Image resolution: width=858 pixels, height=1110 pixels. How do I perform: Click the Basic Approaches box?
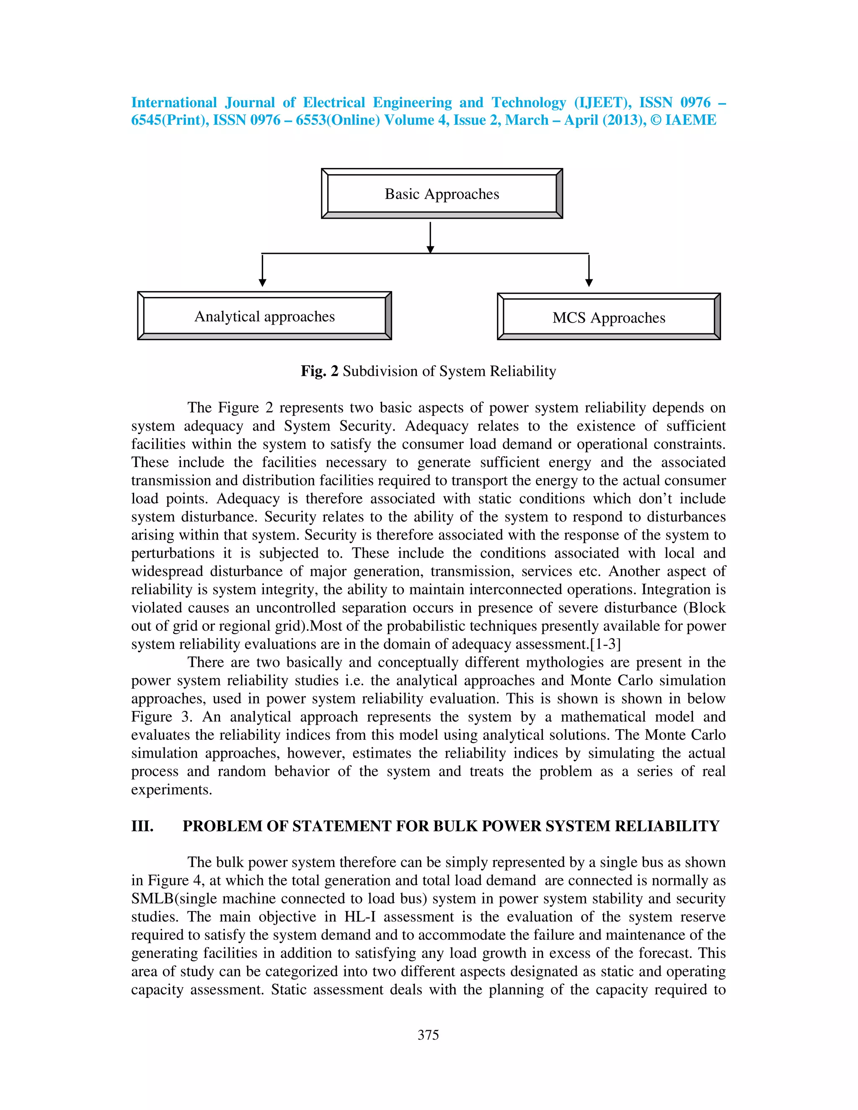(442, 194)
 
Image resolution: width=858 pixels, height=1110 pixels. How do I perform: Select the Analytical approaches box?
(264, 316)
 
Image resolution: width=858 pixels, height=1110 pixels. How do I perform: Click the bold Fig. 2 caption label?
(319, 371)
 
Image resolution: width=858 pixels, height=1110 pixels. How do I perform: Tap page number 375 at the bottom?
(428, 1035)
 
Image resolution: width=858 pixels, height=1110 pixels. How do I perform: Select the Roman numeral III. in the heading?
(142, 826)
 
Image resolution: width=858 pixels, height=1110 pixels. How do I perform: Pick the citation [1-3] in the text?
(605, 644)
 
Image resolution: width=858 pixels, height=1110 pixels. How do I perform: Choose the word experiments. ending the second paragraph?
(171, 790)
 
